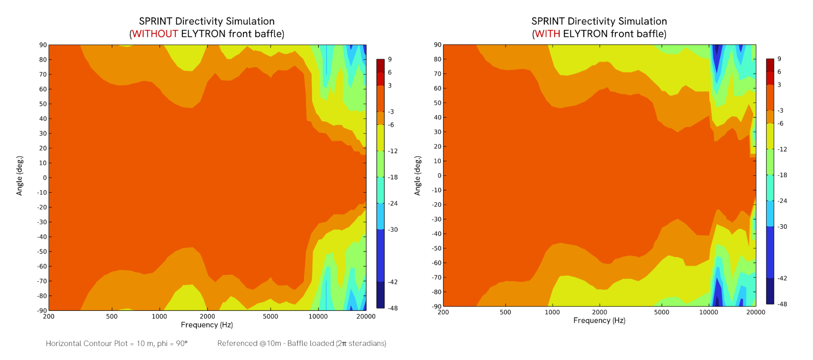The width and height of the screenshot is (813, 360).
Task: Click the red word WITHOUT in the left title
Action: point(155,34)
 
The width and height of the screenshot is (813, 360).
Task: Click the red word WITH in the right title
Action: point(548,34)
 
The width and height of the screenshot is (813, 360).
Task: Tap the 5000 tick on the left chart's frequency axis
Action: point(270,316)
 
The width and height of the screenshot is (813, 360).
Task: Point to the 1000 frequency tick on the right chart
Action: point(552,312)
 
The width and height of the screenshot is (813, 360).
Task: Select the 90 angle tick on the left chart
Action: point(43,45)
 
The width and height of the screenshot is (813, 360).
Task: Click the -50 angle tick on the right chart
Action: point(436,248)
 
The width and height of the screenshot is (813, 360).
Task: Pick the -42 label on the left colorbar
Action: point(393,282)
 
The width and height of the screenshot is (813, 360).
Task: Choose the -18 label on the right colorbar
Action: point(782,175)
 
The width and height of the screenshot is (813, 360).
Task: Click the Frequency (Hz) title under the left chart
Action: point(207,325)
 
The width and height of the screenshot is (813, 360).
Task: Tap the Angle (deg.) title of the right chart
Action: point(418,176)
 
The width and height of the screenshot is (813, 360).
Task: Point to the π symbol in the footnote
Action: point(344,343)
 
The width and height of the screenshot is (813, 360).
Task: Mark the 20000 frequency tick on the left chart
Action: point(366,316)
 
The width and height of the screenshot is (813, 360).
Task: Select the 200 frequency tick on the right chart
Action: point(443,312)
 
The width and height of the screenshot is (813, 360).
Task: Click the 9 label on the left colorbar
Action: point(390,59)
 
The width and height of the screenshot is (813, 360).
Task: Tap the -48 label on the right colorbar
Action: point(782,304)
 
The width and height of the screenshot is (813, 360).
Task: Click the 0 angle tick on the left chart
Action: point(44,178)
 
